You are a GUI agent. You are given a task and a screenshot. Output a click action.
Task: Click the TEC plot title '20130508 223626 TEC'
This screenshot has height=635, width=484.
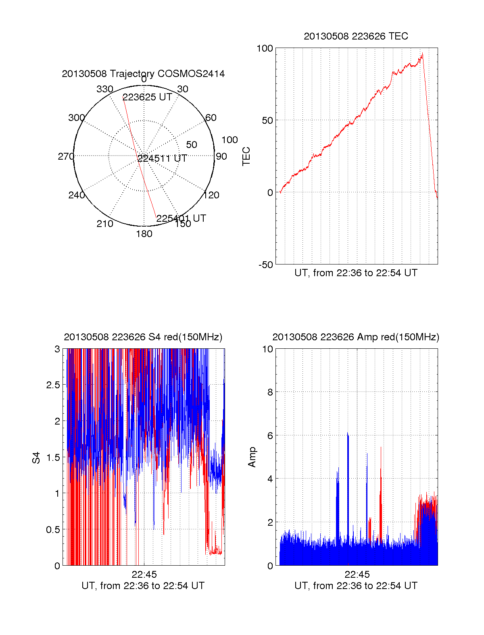(x=356, y=36)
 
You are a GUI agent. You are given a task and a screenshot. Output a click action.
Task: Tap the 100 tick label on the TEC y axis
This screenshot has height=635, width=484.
(x=265, y=48)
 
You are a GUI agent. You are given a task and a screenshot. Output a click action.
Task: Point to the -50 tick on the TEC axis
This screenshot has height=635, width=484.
(x=266, y=265)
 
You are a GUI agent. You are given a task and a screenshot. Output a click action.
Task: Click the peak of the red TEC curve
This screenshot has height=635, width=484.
(x=422, y=54)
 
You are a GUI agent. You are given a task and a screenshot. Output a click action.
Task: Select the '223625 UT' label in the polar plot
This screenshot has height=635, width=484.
(x=147, y=97)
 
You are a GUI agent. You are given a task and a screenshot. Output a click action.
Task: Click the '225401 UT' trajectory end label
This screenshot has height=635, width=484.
(x=181, y=219)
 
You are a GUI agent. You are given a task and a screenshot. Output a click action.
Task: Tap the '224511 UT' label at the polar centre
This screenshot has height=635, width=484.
(x=162, y=158)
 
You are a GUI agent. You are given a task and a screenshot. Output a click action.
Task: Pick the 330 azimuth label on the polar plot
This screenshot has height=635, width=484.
(x=104, y=89)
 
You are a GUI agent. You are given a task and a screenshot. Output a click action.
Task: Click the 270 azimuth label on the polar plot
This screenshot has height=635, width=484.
(x=66, y=156)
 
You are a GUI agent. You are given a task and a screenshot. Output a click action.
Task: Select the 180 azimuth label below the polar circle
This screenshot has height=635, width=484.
(x=144, y=234)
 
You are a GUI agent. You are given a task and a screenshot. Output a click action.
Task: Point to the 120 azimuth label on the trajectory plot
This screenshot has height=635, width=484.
(x=211, y=196)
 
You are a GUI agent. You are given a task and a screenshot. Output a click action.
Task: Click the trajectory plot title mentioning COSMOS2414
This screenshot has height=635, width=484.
(x=143, y=74)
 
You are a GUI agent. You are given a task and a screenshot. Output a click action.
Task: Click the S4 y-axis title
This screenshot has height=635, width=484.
(x=36, y=458)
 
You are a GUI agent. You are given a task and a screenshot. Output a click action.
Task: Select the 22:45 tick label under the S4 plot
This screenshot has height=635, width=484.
(x=144, y=575)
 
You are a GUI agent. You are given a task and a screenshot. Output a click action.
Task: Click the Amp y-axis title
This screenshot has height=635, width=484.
(x=252, y=457)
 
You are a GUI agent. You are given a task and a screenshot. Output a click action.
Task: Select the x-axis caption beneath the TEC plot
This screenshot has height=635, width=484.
(x=356, y=273)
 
